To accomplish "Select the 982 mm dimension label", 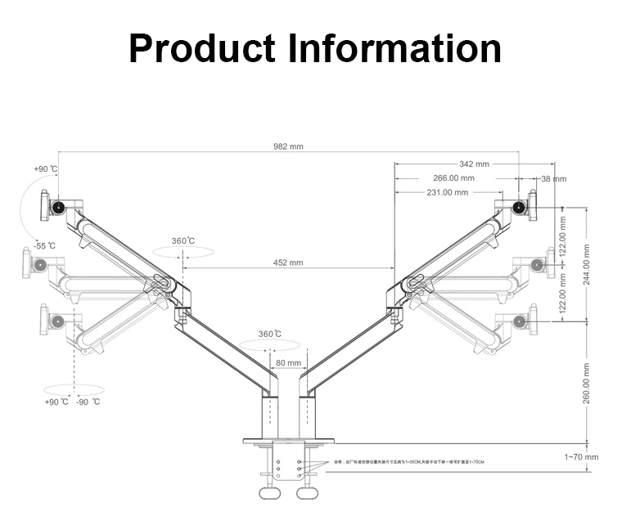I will click(288, 147).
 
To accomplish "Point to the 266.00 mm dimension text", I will click(453, 178).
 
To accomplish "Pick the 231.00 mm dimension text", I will click(448, 192).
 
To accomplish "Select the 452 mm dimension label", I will click(288, 263).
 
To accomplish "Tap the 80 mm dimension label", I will click(288, 363).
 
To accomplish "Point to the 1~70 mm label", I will click(581, 457).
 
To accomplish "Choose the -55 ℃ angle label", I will click(45, 245).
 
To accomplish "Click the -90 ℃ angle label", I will click(88, 402).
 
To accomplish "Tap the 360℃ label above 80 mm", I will click(270, 334).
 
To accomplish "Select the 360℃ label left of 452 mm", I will click(183, 241).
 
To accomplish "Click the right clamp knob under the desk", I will click(306, 495).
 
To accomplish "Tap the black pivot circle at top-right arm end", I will click(518, 208).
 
